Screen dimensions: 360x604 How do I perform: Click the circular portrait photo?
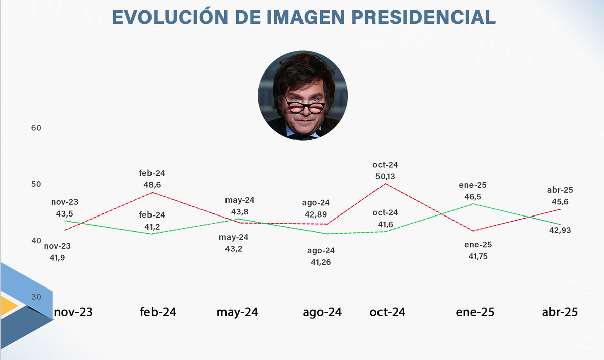[303, 95]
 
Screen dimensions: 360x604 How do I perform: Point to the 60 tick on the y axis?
[36, 128]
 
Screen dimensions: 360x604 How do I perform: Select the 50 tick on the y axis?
[36, 184]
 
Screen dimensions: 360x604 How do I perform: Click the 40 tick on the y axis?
[36, 241]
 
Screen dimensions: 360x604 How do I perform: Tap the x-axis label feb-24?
[158, 312]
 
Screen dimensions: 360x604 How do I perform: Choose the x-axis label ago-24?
[322, 312]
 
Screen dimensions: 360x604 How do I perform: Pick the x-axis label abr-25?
[560, 312]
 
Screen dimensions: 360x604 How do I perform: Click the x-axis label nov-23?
[73, 312]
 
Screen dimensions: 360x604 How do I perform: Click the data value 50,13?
[386, 176]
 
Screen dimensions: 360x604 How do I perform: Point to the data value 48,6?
[152, 185]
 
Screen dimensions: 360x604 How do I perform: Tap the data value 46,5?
[472, 197]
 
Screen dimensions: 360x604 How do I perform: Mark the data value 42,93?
[560, 230]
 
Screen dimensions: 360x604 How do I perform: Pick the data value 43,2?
[234, 249]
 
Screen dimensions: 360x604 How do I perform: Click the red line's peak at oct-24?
[386, 184]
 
